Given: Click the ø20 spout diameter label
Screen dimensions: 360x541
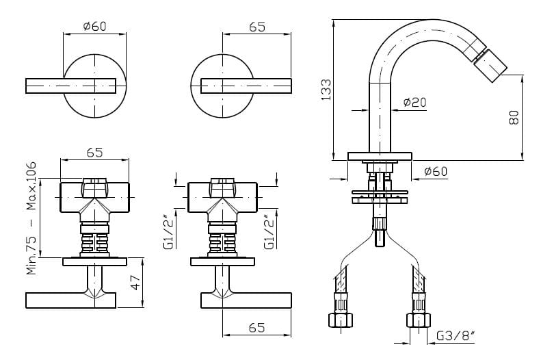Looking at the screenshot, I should click(x=414, y=103).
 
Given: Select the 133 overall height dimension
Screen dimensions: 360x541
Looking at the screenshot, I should click(x=326, y=90).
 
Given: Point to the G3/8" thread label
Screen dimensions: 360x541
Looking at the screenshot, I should click(x=455, y=336).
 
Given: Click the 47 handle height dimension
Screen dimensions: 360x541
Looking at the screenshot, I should click(x=135, y=283).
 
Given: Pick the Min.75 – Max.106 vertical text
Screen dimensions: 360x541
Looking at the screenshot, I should click(x=31, y=219).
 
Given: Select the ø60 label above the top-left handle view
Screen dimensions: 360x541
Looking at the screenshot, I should click(x=94, y=27).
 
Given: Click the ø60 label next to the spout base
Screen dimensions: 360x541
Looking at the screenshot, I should click(x=436, y=171).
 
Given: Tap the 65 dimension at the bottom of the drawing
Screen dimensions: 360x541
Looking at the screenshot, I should click(x=256, y=328).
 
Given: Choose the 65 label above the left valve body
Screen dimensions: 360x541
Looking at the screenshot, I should click(x=94, y=153).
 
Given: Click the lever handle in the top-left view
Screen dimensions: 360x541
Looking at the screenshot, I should click(x=70, y=86).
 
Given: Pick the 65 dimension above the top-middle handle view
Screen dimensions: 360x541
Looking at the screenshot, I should click(x=257, y=27).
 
